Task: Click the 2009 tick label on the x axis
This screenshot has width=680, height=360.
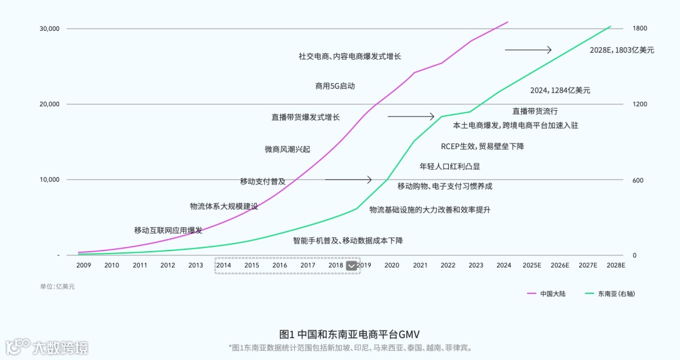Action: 83,266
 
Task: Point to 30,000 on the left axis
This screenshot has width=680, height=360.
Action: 49,29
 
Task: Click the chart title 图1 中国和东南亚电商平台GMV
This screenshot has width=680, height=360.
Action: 349,334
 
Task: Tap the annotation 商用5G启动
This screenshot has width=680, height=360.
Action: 335,86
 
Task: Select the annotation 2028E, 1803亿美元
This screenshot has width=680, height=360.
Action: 621,50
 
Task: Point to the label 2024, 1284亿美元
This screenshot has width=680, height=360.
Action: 560,91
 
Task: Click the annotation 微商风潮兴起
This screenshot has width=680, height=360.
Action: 287,150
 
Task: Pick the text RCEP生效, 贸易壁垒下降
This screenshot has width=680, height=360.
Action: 482,147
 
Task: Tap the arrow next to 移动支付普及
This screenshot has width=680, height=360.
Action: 348,180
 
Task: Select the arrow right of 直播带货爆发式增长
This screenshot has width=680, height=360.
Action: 411,116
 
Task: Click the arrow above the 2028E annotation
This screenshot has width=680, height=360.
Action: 528,50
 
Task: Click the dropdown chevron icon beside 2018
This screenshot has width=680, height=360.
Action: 351,266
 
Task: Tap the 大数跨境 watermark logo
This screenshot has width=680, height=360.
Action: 47,347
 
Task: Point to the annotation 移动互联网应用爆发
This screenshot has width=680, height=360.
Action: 168,230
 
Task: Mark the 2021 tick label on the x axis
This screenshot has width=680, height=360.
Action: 420,266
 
